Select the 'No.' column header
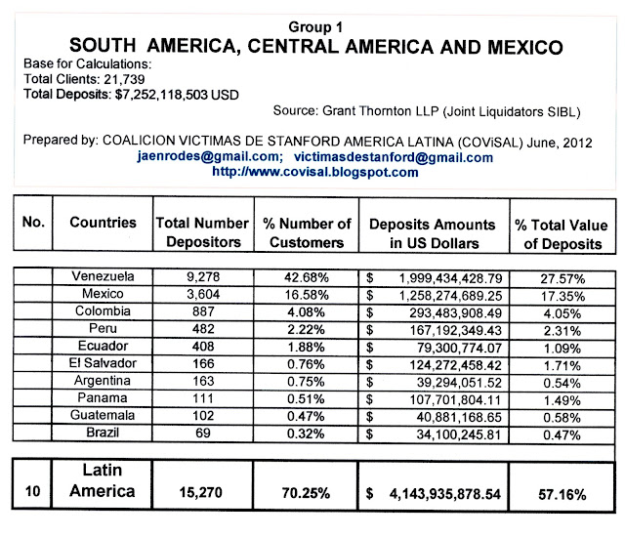click(x=33, y=224)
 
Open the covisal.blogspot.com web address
click(x=314, y=172)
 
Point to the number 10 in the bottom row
click(x=32, y=493)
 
